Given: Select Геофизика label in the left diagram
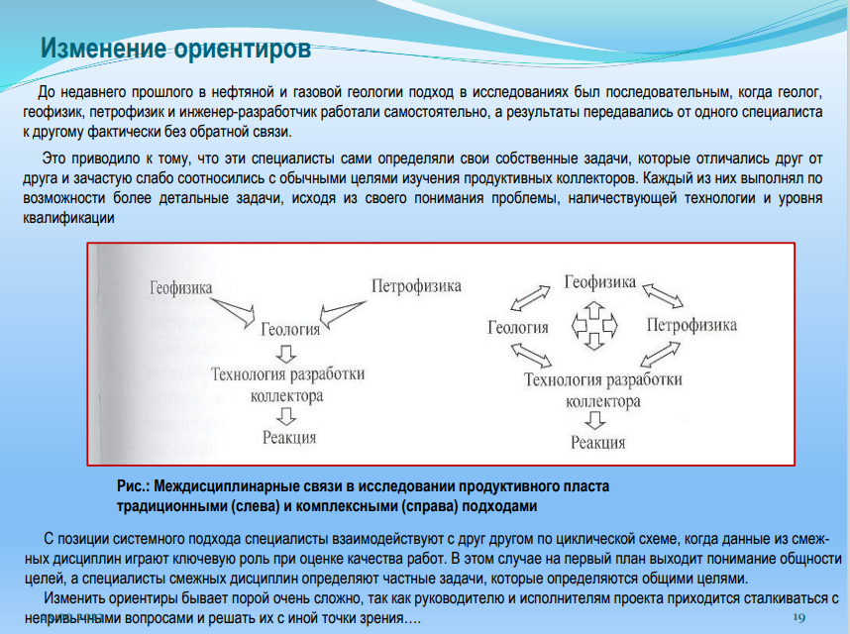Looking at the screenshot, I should tap(181, 288).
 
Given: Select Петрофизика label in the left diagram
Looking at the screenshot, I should tap(416, 286).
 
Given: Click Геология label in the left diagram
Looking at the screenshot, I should tap(289, 329).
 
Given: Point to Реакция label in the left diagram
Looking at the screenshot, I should tap(289, 437).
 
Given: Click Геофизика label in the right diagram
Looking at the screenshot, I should tap(600, 282).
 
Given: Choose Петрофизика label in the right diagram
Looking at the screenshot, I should tap(691, 325).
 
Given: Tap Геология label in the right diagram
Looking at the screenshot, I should tap(518, 327).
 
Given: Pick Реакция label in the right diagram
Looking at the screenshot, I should tap(598, 442).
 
